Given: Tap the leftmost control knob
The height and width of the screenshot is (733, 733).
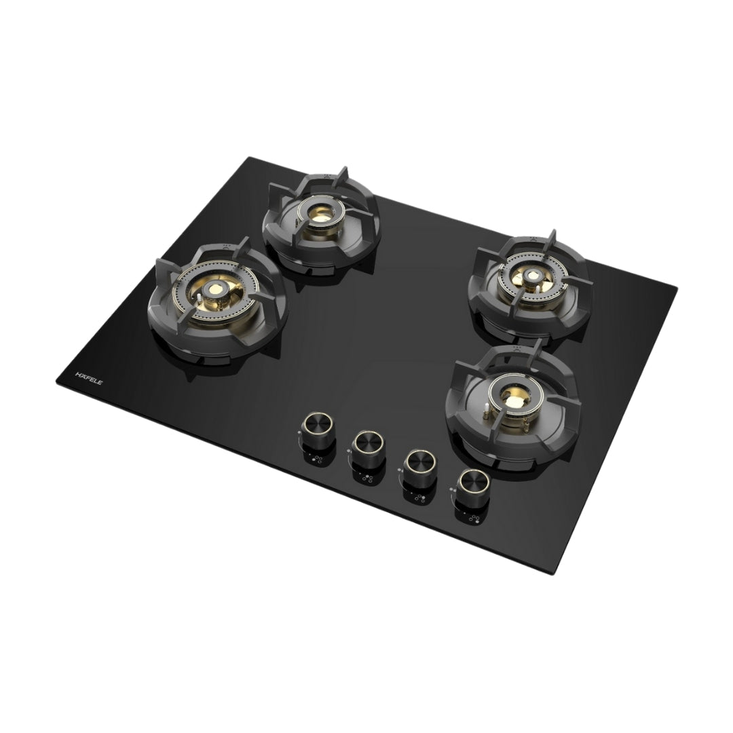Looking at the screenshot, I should coord(316,426).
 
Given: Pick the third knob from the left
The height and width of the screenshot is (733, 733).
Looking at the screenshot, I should coord(417,463).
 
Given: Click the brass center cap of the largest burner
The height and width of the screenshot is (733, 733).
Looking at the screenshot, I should coord(217,290).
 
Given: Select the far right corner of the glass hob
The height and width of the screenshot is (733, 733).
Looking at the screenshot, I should coord(677,288).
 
